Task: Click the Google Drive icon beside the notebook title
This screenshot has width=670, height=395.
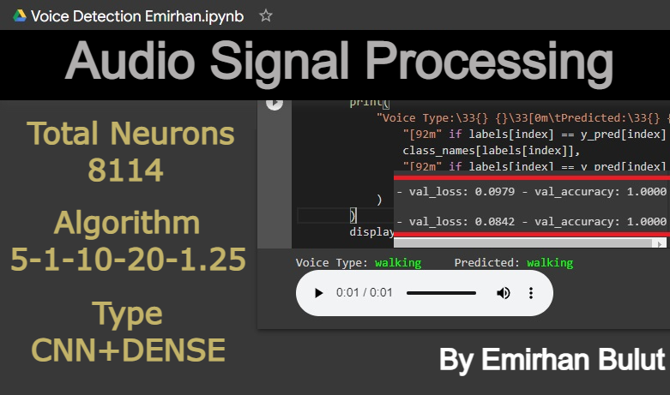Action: (19, 15)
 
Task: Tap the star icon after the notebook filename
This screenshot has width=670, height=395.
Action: (266, 15)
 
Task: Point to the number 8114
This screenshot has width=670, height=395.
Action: (125, 171)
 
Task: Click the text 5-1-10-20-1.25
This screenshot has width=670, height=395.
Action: (128, 259)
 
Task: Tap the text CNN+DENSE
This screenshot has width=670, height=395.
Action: (128, 349)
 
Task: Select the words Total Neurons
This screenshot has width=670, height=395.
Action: (130, 134)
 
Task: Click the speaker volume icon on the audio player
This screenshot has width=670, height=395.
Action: (504, 293)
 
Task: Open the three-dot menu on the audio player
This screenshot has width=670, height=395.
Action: (531, 293)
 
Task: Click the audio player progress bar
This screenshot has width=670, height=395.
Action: (441, 293)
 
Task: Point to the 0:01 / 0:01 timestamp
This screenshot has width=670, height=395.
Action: (364, 293)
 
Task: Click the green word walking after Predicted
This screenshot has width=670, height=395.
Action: (550, 263)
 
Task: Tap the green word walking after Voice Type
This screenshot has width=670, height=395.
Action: (397, 263)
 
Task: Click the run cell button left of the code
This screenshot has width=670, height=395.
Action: (274, 103)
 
